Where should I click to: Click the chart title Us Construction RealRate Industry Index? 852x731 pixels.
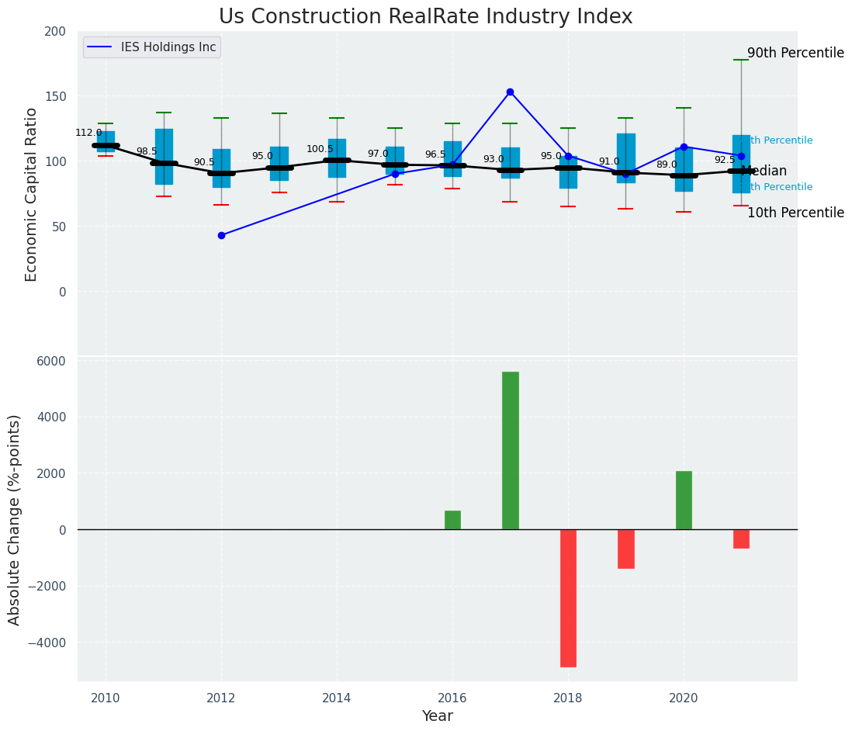(425, 17)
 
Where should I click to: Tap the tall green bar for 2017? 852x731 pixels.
(510, 450)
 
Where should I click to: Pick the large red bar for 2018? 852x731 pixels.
(568, 598)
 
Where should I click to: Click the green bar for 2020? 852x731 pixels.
(684, 500)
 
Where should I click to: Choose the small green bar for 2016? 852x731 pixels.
(452, 520)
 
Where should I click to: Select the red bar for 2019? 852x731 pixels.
(626, 549)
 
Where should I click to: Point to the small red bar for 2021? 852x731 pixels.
(741, 539)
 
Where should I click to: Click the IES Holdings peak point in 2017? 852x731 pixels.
(510, 92)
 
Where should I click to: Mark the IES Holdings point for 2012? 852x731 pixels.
(221, 235)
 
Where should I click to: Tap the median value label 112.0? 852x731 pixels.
(88, 133)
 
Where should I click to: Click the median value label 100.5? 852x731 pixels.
(320, 149)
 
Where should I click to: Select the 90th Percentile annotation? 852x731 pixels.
(795, 54)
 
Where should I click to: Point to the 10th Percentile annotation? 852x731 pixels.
(795, 213)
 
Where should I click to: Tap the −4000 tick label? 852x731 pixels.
(48, 643)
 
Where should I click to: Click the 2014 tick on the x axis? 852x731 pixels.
(337, 698)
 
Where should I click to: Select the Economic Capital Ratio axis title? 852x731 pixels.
(32, 194)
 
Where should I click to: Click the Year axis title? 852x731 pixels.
(437, 716)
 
